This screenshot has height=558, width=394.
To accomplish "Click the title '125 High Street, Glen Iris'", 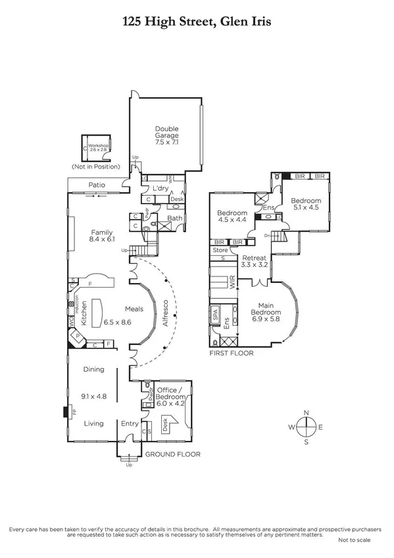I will [197, 22].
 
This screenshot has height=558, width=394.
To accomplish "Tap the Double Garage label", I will [167, 135].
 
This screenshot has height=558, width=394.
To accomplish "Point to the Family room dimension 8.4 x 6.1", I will [102, 241].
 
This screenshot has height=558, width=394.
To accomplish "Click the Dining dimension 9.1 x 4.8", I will [94, 396].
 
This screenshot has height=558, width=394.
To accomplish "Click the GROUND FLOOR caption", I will [172, 455].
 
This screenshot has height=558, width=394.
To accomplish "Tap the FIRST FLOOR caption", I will [232, 353].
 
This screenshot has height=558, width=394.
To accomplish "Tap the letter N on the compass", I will [306, 413].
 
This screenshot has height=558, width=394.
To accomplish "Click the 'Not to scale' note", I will [355, 540].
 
